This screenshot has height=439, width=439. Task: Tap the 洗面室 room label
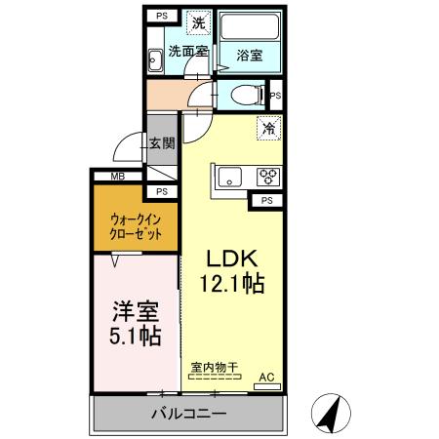185,51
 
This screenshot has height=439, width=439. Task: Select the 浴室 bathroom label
249,56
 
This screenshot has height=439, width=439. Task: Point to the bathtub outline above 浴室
248,27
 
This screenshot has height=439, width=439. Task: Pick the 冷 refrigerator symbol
267,127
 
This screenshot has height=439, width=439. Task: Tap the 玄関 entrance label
162,143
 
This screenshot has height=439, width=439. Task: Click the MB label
117,177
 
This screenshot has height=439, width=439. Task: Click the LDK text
230,259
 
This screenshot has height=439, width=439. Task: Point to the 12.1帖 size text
232,284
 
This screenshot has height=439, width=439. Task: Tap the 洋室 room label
133,313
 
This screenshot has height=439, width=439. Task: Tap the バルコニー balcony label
188,413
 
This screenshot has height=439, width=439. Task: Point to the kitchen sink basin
231,177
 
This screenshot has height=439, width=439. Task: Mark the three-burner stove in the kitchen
266,177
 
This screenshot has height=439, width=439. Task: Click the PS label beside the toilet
275,96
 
